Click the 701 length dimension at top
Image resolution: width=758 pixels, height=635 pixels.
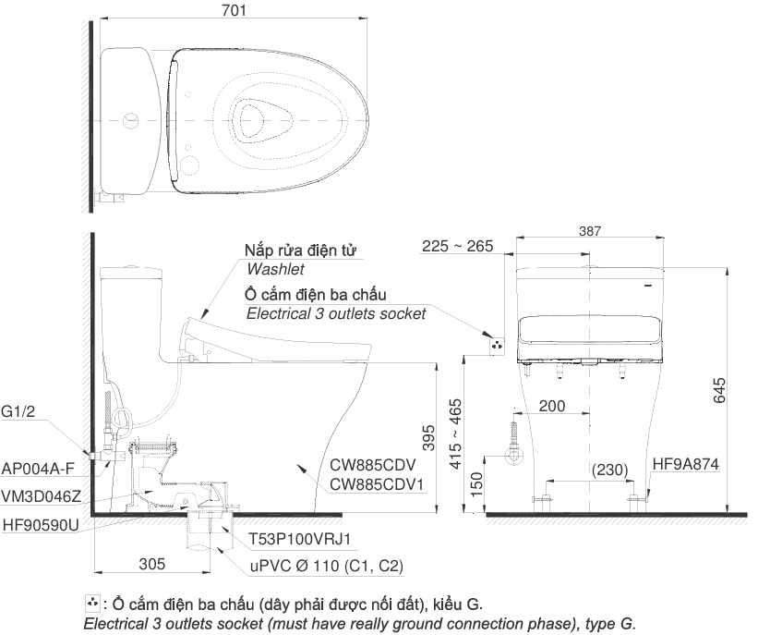(x=234, y=10)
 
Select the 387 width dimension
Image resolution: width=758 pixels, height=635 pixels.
(x=590, y=231)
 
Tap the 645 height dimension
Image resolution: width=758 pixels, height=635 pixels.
(x=719, y=390)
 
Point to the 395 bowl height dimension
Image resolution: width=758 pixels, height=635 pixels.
(x=428, y=437)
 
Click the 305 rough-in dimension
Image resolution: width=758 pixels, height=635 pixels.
(x=151, y=564)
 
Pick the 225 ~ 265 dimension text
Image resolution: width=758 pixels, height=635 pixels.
(x=457, y=246)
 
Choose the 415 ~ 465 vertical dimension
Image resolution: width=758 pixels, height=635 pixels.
(x=456, y=434)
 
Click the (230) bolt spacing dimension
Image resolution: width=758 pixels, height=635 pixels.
(x=609, y=470)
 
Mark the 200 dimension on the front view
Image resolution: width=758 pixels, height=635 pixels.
(x=551, y=406)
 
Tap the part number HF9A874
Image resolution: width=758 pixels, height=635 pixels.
(x=685, y=464)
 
